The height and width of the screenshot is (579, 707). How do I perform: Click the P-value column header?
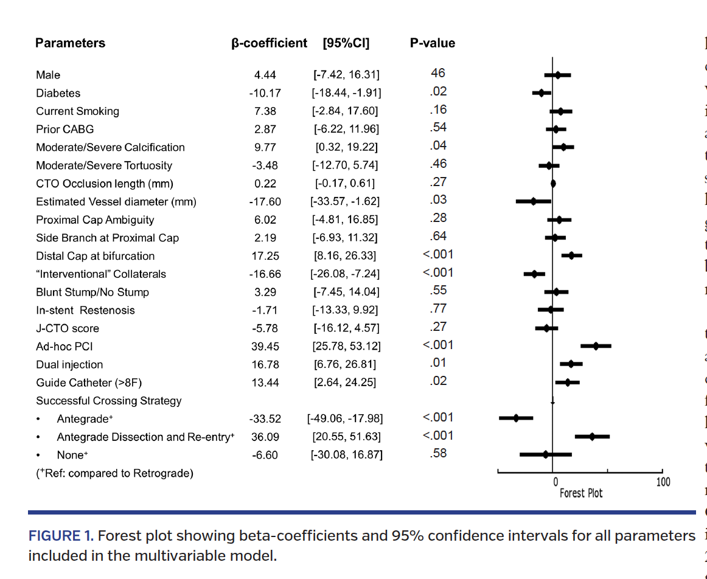432,43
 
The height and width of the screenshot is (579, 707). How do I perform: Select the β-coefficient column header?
270,43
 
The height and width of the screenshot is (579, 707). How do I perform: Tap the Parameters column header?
70,43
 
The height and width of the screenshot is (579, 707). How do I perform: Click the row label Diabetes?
58,93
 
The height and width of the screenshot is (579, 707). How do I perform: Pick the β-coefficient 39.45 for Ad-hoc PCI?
265,347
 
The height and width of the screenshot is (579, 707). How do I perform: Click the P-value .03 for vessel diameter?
438,200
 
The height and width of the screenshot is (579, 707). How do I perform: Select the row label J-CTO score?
67,328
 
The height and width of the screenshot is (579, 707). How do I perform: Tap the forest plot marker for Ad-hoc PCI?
596,345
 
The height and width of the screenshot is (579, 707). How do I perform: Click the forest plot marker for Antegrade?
516,418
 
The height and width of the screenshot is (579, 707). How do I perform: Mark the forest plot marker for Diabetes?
541,93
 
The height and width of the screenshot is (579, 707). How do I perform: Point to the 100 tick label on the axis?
663,482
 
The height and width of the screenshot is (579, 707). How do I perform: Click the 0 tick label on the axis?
555,482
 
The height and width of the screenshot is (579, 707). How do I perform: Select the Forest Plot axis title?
581,493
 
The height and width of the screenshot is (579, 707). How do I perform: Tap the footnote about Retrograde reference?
114,473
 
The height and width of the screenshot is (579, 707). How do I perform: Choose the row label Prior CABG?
64,130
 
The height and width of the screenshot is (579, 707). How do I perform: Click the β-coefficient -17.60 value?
265,202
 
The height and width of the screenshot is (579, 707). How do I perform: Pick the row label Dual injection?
69,365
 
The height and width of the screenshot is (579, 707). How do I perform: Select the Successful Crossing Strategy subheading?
108,401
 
